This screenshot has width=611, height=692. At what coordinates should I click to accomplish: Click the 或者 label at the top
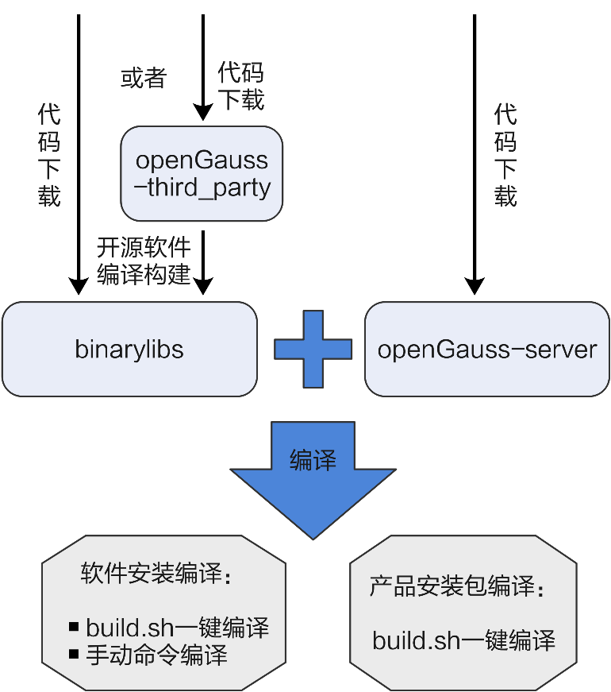click(143, 78)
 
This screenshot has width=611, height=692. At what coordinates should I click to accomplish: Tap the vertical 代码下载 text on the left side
click(49, 155)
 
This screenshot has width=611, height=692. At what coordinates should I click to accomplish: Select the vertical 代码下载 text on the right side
click(505, 155)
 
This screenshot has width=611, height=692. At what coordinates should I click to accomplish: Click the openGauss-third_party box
click(202, 173)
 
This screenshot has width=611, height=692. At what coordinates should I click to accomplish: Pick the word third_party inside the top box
click(209, 188)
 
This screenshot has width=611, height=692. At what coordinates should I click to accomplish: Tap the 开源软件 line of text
click(144, 248)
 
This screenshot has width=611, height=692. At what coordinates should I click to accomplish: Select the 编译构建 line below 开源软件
click(144, 275)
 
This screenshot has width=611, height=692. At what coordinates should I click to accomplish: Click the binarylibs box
click(129, 349)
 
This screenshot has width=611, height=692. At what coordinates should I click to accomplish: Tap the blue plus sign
click(313, 349)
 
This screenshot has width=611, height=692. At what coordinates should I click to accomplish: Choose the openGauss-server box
click(486, 349)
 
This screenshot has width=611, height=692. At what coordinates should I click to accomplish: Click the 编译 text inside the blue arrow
click(313, 461)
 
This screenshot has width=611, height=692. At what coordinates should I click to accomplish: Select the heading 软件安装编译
click(156, 575)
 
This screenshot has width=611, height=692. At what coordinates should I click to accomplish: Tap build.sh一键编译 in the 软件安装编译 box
click(178, 628)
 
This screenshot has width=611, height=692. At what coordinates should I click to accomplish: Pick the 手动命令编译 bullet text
click(157, 655)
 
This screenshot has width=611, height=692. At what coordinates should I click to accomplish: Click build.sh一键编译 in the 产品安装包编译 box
click(463, 640)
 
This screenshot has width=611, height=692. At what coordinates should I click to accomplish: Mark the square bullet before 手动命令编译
click(75, 655)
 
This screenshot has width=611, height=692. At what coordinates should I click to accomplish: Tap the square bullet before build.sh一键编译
click(75, 627)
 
